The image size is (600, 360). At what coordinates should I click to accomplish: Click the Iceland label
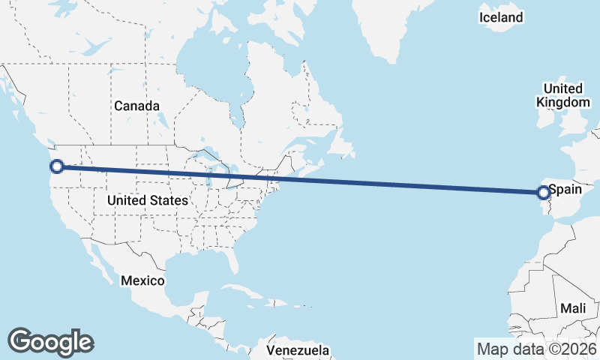pos(502,17)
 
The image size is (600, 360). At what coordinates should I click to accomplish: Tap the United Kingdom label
pos(563,95)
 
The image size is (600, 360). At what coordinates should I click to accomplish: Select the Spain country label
pos(566,190)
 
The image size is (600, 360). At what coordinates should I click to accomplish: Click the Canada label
pos(136,106)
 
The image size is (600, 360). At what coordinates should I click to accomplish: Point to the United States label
pos(147,201)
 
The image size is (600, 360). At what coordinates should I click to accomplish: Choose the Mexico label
pos(142,280)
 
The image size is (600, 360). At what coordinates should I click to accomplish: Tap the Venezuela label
pos(298,350)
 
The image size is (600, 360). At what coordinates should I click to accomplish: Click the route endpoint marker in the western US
pos(56,166)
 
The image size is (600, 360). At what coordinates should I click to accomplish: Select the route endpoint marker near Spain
pos(544,193)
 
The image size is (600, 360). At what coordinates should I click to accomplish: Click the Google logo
pos(51,341)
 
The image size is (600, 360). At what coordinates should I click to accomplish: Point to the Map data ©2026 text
pos(537,349)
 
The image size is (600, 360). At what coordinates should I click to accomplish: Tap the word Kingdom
pos(563,102)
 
